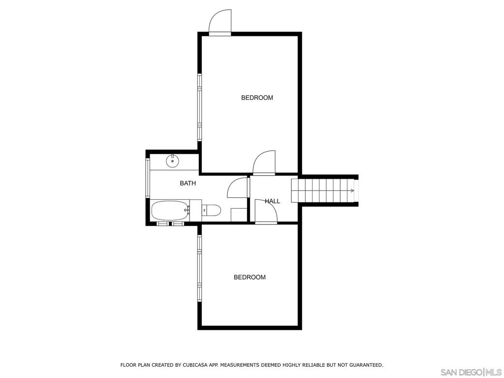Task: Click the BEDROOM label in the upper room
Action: point(257,97)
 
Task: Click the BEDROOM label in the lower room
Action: point(250,277)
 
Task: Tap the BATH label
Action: point(188,183)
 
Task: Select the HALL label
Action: point(272,201)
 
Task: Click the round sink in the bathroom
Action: point(172,160)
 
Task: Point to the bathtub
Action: point(170,211)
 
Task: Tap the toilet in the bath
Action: point(211,211)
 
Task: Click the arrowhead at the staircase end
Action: point(352,190)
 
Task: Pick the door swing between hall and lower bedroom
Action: point(266,212)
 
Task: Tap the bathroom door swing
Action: point(237,188)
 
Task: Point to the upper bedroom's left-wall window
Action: point(199,107)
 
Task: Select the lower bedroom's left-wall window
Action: point(199,268)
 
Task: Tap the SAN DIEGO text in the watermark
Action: point(461,372)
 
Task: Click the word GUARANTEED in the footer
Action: point(365,365)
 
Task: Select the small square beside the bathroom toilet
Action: point(239,215)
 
